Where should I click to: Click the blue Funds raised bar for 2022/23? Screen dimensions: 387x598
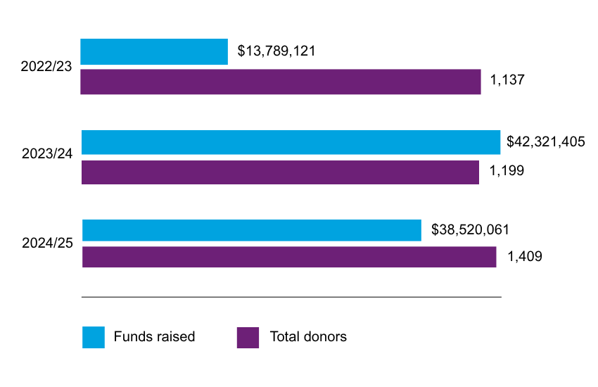(154, 52)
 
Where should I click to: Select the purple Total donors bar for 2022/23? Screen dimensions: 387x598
(281, 82)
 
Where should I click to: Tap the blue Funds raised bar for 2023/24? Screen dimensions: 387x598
(291, 142)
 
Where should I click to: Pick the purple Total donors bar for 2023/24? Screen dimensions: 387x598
(280, 172)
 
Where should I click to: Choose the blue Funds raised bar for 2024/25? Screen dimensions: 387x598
(251, 231)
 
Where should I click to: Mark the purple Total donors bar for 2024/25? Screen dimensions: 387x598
(289, 257)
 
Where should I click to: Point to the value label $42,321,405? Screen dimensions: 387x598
(546, 142)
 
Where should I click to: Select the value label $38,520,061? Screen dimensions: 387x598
(470, 230)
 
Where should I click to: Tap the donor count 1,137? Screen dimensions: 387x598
(507, 81)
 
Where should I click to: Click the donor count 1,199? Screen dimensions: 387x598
(507, 171)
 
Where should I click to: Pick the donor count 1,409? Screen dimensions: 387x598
(525, 257)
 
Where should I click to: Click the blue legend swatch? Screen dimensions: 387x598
(93, 337)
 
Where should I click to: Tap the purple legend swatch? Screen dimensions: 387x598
(248, 337)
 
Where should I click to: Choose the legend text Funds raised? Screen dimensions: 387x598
(154, 337)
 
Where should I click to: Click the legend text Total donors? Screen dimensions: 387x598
(308, 337)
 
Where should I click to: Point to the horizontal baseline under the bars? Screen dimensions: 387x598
(291, 297)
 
